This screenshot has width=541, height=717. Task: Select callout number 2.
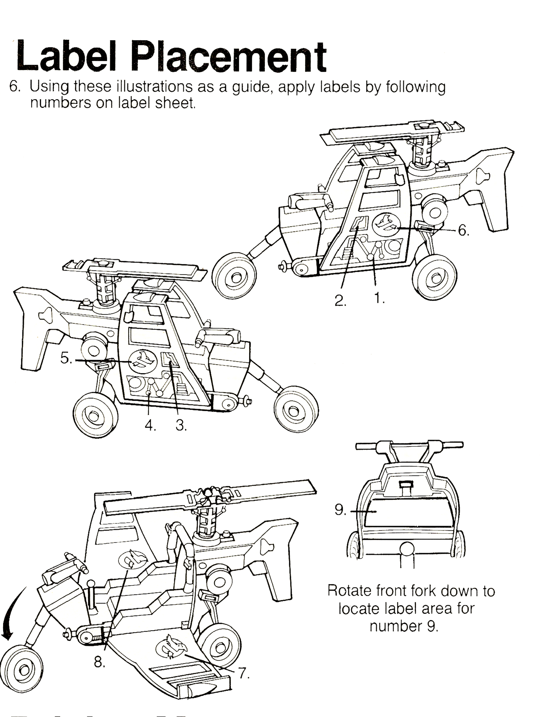(340, 301)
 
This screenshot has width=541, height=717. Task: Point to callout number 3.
(181, 425)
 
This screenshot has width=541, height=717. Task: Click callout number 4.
(150, 425)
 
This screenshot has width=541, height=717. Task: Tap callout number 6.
(463, 230)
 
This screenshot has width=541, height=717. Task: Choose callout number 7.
(243, 673)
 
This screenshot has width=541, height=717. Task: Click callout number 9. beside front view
(340, 510)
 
